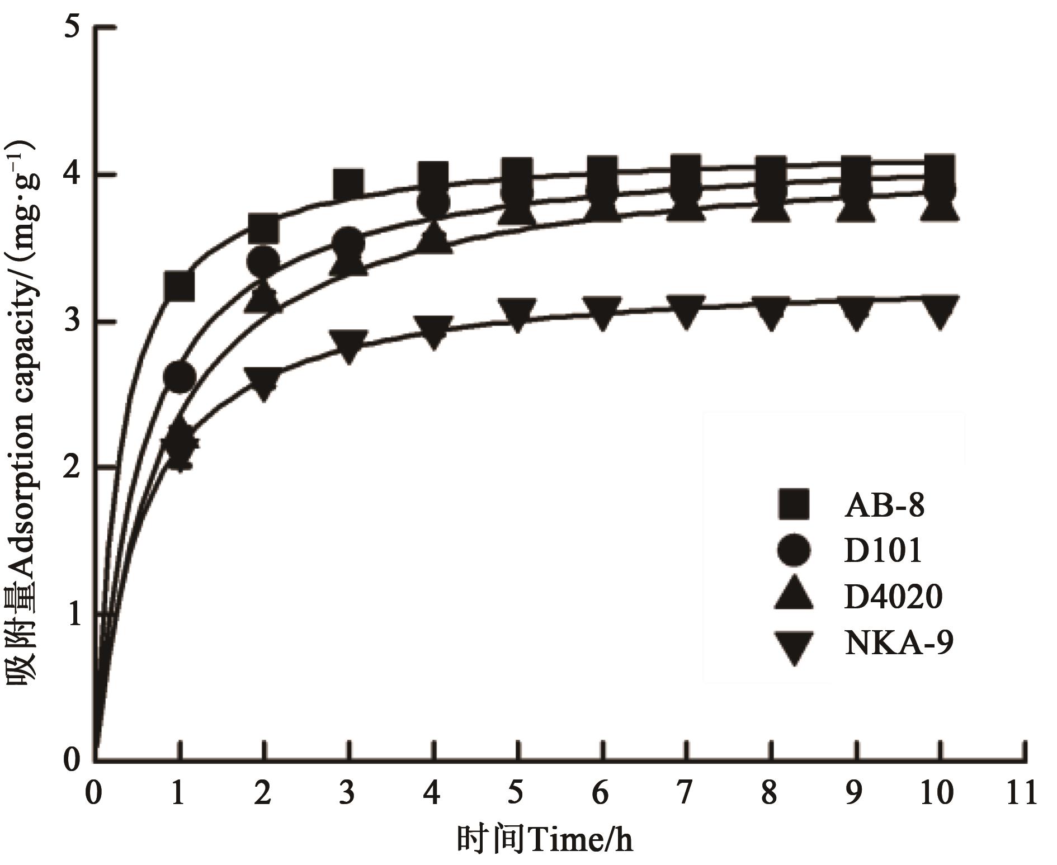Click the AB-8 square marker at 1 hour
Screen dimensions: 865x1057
point(179,286)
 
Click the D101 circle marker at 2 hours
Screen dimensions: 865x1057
point(263,260)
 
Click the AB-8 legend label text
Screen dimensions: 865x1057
point(884,505)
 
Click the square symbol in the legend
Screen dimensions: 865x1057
point(793,504)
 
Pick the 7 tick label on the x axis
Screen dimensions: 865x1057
point(684,793)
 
